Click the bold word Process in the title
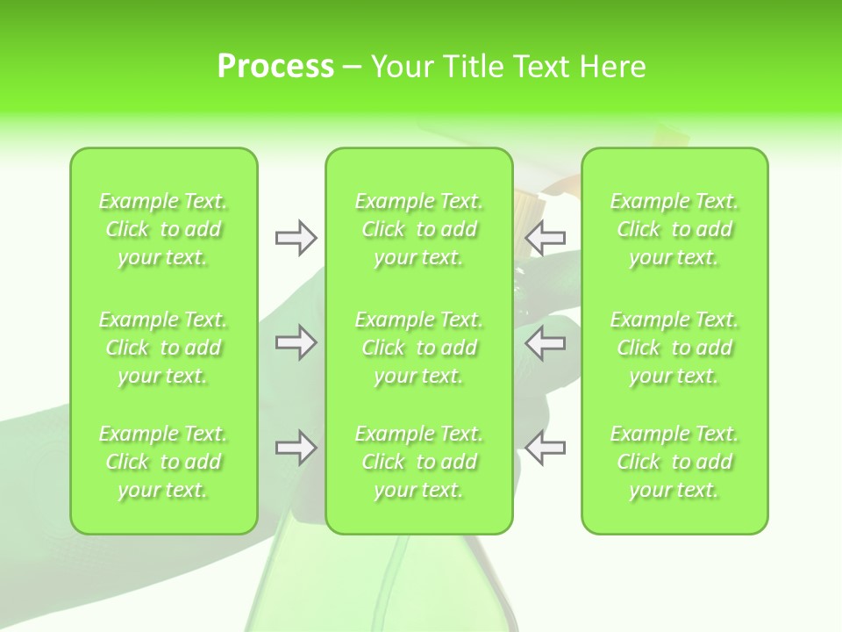[275, 67]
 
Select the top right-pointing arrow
[296, 238]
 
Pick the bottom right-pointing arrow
[296, 448]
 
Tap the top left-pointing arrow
[545, 238]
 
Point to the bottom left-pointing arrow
[545, 448]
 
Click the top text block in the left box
[163, 229]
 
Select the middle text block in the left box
[163, 348]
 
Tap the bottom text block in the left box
[163, 462]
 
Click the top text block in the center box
[418, 229]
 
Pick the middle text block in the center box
[418, 348]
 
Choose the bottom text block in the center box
[418, 462]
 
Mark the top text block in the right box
[674, 229]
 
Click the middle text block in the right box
[674, 348]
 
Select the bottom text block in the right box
[674, 462]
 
